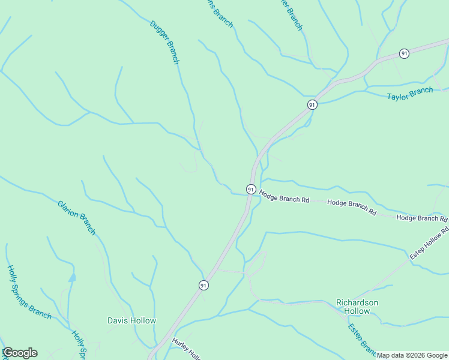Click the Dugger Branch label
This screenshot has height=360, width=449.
164,43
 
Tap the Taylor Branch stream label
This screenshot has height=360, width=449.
410,94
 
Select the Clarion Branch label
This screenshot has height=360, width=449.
77,217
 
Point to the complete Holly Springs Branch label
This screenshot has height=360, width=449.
29,292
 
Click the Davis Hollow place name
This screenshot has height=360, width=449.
131,320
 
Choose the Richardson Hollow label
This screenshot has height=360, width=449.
357,307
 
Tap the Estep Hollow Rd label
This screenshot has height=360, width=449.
429,244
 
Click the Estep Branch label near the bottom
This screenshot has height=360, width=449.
362,340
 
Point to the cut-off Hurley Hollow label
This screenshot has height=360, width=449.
185,349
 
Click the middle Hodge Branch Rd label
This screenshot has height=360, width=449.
351,208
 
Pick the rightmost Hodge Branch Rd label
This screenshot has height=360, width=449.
422,218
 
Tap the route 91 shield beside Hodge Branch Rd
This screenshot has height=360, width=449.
251,189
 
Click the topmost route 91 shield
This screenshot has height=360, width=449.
405,53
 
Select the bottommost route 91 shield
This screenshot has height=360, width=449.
203,285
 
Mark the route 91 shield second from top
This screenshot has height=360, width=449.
312,104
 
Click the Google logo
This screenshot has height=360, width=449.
20,353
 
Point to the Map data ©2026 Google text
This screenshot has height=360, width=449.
412,355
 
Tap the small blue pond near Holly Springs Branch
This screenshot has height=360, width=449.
72,278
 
